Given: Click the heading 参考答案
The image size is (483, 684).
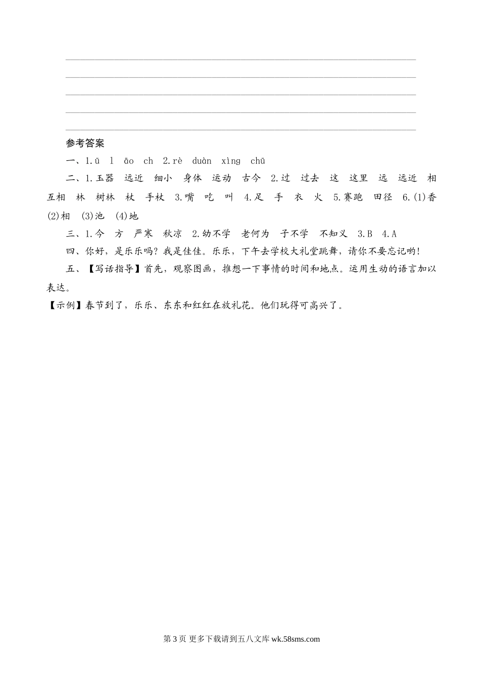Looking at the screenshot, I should (85, 144).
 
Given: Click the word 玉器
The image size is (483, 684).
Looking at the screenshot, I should (105, 178).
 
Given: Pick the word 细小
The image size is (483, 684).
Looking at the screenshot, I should (164, 178).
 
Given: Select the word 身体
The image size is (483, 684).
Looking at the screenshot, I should (193, 178).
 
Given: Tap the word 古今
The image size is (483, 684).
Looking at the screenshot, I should (251, 178).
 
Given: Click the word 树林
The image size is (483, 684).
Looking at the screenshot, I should (105, 197).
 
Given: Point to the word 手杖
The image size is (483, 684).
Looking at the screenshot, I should (155, 197).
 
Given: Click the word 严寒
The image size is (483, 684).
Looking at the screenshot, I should (143, 234).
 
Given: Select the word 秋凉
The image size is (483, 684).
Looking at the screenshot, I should (172, 234).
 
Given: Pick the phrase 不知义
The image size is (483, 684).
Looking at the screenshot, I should (334, 234).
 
